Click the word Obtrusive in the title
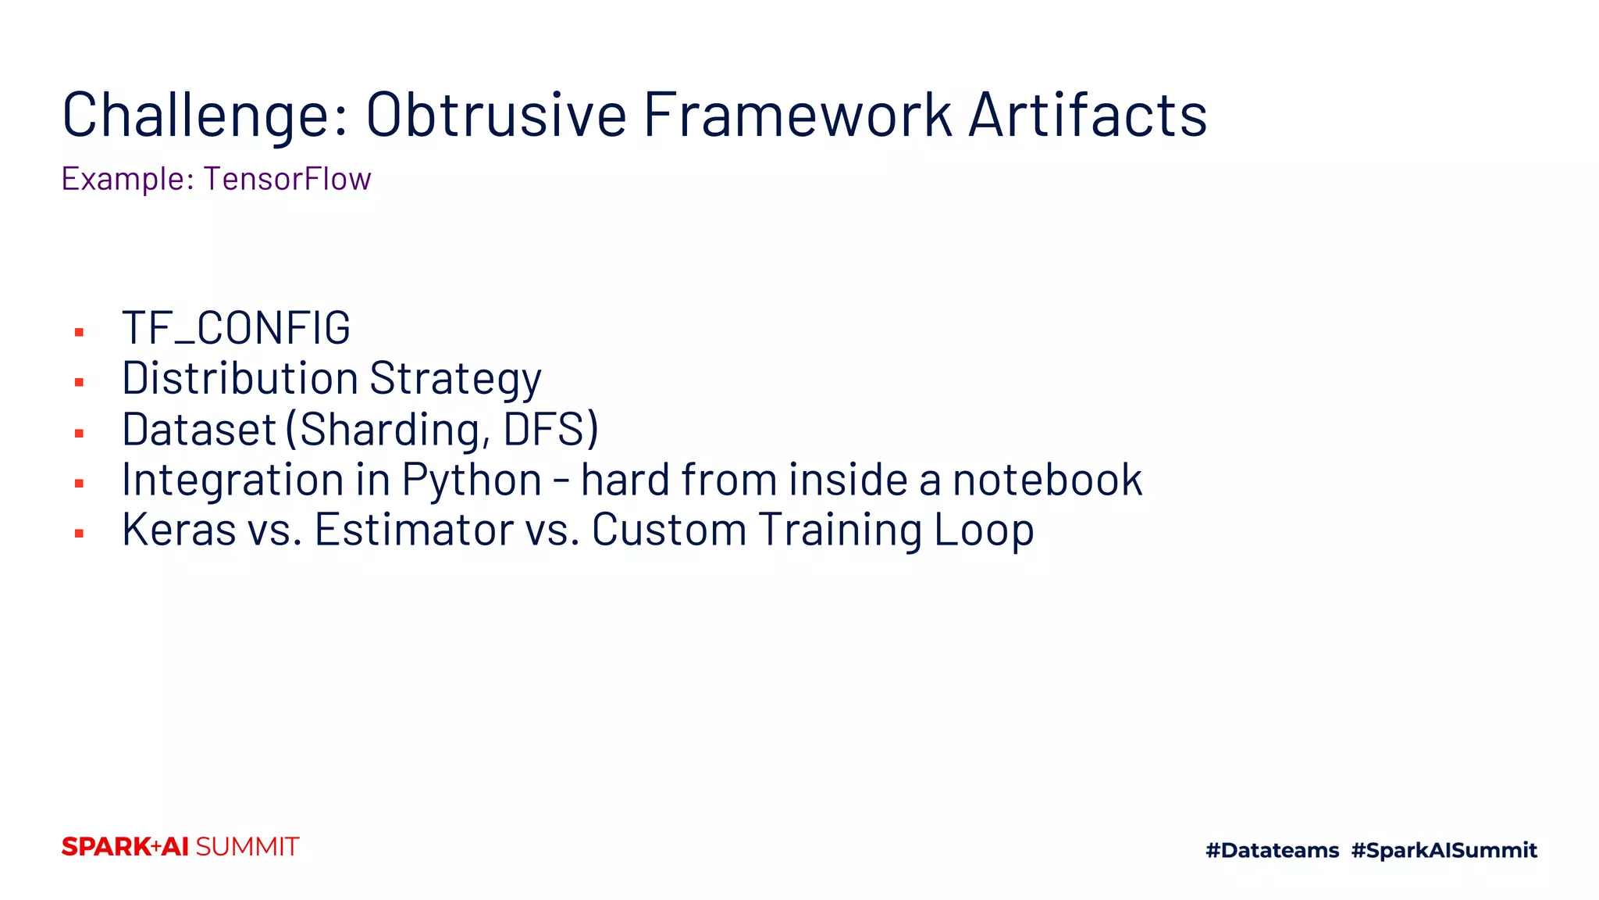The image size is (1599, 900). click(496, 116)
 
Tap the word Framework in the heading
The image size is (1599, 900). click(797, 116)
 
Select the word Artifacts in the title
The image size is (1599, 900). click(1088, 116)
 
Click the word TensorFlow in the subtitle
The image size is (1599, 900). click(287, 179)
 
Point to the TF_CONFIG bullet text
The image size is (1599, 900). click(236, 328)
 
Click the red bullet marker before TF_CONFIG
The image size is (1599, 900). click(79, 333)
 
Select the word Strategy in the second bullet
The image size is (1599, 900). click(455, 379)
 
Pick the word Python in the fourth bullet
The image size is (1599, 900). click(472, 480)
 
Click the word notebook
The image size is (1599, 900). click(1047, 480)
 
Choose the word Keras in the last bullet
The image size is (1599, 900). click(179, 530)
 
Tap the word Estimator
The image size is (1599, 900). click(414, 530)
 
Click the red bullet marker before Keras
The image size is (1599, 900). click(79, 534)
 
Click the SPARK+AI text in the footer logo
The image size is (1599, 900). click(125, 847)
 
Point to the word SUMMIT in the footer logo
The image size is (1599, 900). click(248, 847)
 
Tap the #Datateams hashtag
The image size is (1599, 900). click(1272, 850)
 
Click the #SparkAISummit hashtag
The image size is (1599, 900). click(1444, 850)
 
